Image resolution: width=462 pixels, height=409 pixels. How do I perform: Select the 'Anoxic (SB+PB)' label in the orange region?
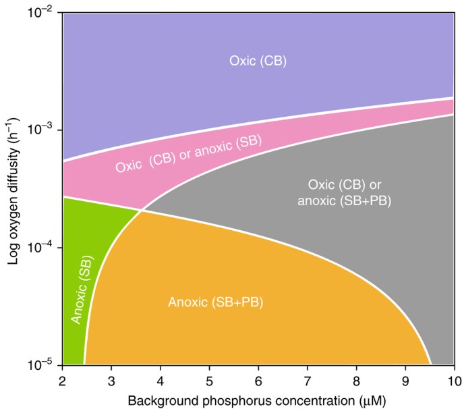point(214,302)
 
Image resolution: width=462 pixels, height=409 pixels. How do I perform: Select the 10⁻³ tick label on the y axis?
point(42,129)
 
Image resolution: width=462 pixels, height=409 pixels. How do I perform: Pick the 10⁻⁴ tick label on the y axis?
point(42,247)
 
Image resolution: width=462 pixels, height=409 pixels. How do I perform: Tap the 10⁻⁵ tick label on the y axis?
point(42,364)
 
